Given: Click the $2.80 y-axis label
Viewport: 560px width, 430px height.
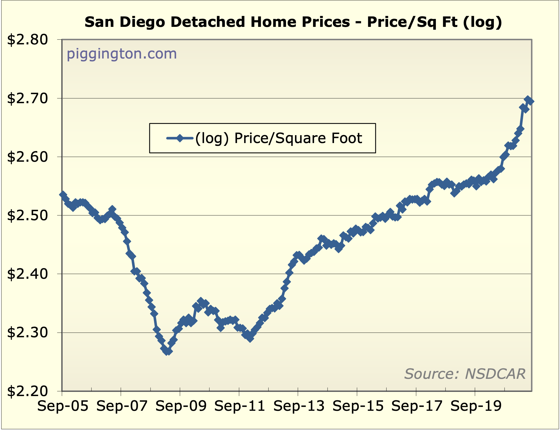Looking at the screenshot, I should (27, 40).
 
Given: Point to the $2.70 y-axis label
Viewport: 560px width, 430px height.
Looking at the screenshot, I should (27, 99).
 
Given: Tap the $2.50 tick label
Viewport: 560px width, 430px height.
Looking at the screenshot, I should (27, 216).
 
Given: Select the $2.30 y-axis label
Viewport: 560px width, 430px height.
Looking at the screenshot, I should (27, 333).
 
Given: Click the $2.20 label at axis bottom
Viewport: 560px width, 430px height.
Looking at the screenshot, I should (27, 392).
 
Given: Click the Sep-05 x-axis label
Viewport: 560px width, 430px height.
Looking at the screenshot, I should (63, 406).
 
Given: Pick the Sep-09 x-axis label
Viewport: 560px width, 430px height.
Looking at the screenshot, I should (181, 406).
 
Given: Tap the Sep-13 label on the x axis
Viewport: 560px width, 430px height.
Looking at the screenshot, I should (299, 406).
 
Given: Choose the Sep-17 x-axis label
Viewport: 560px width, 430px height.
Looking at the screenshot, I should (417, 406).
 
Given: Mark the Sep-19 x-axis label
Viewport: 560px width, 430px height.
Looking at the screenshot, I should (476, 406).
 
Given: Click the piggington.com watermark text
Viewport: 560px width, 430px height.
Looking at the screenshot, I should (122, 54).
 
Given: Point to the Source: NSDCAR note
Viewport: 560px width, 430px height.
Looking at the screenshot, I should (465, 374).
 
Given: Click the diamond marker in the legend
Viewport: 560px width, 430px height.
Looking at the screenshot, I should (180, 138).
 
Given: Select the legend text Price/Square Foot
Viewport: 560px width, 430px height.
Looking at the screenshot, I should (298, 138).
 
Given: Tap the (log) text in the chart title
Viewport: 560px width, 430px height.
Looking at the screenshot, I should (483, 22).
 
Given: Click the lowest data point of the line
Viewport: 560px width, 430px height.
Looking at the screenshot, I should (167, 351).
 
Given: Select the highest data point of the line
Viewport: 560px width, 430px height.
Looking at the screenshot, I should (528, 100).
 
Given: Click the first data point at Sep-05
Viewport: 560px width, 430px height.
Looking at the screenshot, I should (63, 195).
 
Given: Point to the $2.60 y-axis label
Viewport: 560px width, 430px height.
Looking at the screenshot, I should (27, 157).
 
